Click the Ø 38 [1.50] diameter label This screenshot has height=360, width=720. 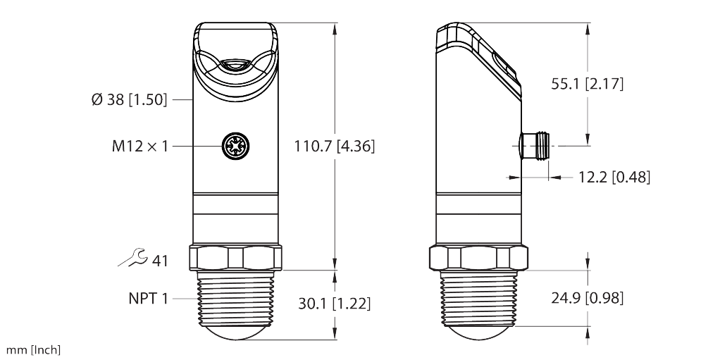point(130,99)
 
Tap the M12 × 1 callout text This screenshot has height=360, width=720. point(140,146)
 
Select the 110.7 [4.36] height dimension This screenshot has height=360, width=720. point(334,146)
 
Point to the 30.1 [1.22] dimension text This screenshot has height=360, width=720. point(334,304)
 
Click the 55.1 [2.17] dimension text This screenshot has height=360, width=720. point(588,84)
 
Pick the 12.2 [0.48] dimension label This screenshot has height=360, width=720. point(614,177)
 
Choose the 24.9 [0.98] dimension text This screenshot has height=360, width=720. point(588,298)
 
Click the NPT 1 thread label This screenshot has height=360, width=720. point(149,299)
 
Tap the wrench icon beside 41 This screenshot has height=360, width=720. point(133,258)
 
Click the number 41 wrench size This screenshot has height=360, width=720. point(160,261)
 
